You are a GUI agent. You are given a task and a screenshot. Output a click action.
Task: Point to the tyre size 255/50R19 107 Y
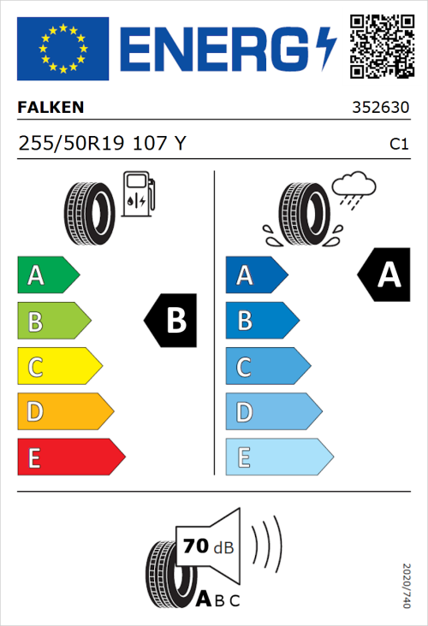tap(102, 144)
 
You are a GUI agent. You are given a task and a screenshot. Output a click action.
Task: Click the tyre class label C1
tap(398, 145)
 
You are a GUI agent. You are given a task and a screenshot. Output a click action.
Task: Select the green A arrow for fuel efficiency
tap(47, 275)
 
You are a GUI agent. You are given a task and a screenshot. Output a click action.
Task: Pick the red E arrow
tap(70, 458)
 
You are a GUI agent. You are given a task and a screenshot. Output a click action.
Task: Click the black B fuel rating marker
tap(171, 321)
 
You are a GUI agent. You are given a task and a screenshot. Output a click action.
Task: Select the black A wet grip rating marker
tap(384, 275)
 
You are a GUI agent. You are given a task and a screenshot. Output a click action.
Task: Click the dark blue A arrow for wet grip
tap(255, 275)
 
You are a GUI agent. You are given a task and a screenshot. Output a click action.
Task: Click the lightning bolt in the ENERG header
tap(326, 49)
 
